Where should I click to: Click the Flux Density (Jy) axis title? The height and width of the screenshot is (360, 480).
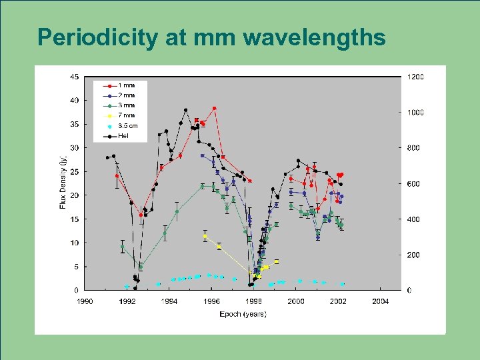pos(63,182)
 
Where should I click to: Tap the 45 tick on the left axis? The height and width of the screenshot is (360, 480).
pos(74,77)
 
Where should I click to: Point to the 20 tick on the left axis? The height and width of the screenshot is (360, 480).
pos(74,195)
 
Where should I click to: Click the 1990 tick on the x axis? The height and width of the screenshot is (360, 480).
pos(85,301)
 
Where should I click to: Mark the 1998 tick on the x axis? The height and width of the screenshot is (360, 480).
pos(253,301)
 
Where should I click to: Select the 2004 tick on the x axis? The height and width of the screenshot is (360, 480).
pos(380,301)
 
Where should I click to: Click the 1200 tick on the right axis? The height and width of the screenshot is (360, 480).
pos(415,77)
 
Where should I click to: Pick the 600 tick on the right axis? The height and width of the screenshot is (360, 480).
pos(413,184)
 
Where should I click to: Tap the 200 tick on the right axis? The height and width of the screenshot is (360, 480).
pos(413,255)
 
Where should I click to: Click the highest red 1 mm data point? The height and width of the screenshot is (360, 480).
pos(214,108)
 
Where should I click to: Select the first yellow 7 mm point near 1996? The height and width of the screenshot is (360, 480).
pos(205,236)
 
